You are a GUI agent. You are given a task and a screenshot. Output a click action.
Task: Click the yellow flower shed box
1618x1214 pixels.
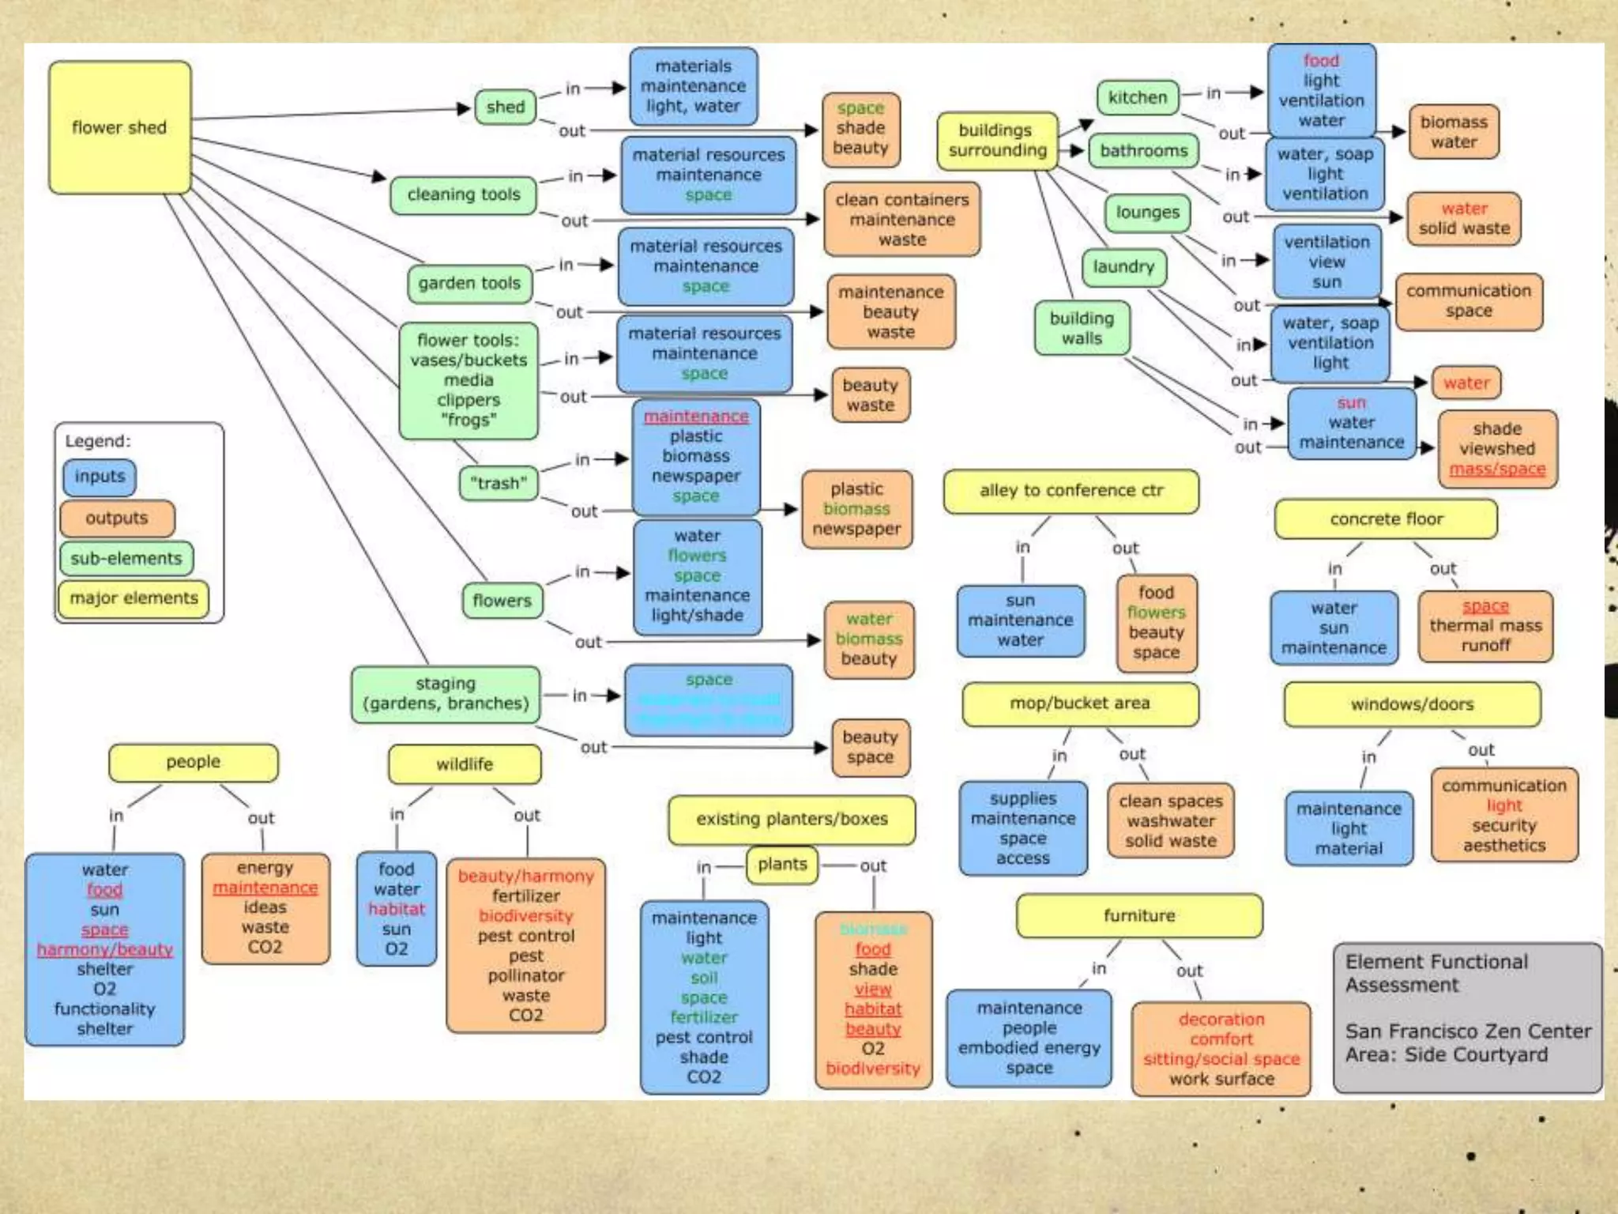[119, 127]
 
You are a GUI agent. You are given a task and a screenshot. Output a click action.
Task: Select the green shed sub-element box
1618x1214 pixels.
[506, 107]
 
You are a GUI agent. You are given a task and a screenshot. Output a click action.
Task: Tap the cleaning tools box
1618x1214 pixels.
[464, 194]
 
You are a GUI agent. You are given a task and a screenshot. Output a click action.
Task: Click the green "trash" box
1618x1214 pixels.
[498, 483]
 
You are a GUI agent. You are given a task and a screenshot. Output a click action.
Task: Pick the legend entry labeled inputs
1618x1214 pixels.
[100, 477]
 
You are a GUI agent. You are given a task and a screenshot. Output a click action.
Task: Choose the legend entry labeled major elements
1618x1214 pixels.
[134, 598]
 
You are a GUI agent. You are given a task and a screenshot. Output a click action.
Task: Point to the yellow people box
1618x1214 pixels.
[194, 763]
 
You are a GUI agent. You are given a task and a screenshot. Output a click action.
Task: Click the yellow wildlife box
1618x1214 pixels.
[465, 764]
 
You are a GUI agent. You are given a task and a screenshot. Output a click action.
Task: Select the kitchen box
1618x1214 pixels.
[1137, 98]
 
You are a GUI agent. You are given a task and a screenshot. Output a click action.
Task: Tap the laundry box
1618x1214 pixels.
[1123, 267]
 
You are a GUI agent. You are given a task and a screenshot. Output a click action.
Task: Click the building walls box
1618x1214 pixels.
[1082, 329]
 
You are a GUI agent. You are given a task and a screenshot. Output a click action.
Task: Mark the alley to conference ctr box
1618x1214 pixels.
[1071, 491]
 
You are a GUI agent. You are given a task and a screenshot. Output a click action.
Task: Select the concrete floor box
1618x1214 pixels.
[1386, 519]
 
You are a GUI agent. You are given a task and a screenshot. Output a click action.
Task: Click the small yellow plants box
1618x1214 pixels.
[782, 865]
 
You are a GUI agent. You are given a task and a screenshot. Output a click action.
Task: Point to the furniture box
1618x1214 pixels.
[1139, 916]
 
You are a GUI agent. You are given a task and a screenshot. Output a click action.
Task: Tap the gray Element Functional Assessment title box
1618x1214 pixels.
[1467, 1016]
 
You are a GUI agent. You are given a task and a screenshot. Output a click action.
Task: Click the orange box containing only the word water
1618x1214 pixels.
[1466, 383]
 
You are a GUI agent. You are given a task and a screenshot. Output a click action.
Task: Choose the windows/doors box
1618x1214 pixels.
[1412, 704]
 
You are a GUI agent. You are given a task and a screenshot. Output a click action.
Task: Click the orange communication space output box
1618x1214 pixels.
[1468, 301]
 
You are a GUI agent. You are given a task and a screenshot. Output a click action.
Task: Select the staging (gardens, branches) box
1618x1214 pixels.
[446, 694]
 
